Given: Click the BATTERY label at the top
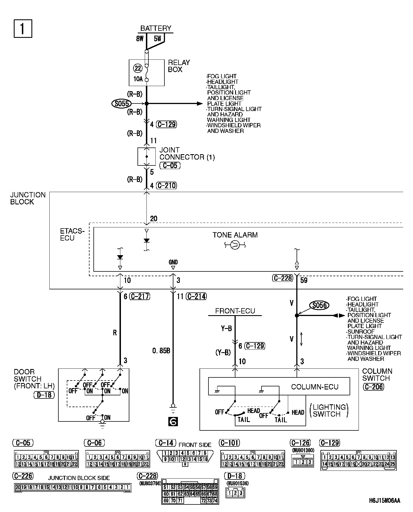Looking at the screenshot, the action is coord(156,28).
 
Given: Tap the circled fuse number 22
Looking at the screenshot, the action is coord(138,68).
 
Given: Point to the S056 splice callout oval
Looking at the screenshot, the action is coord(319,305).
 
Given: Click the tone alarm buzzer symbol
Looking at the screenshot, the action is coord(235,245).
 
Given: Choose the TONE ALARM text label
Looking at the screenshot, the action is coord(235,235).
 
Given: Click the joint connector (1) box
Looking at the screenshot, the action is coord(146,156).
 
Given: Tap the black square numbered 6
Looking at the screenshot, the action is coord(173,421).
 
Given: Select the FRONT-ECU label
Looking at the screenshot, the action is coord(235,311).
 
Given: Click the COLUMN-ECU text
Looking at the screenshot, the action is coord(315,387).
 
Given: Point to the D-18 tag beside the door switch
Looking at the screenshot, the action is coord(44,395).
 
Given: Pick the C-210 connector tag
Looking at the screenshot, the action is coord(167,185).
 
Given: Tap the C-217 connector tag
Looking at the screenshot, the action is coord(140,296).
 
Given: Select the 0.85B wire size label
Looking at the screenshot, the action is coord(161,351).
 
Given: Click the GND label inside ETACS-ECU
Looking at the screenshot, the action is coord(173,262).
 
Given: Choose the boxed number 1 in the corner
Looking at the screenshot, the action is coord(23,28).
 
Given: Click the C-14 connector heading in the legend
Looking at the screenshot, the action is coord(166,443).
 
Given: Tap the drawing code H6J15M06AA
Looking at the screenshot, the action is coord(385,501).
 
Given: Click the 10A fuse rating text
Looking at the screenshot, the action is coord(138,79).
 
